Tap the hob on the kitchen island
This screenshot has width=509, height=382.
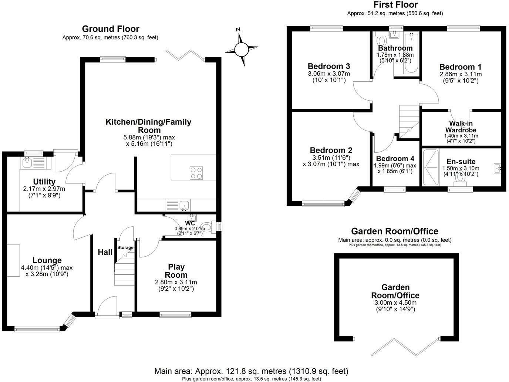click(196, 173)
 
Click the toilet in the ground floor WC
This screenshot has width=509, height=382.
click(209, 227)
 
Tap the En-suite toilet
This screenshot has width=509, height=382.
click(461, 176)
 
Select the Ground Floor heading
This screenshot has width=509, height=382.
click(111, 29)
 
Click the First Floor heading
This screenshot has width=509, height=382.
click(395, 5)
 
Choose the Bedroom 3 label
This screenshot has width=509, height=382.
click(329, 66)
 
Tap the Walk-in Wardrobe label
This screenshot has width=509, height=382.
click(461, 127)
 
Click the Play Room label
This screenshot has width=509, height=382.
click(176, 271)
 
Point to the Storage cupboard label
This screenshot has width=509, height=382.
click(125, 247)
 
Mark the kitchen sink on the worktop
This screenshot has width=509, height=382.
click(184, 204)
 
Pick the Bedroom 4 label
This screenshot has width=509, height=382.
click(395, 159)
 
